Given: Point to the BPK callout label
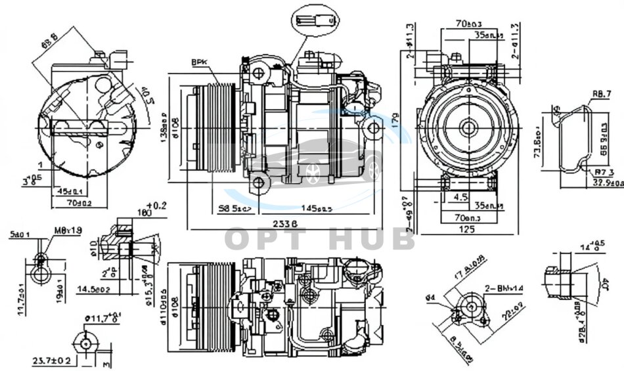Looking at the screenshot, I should coord(199,62).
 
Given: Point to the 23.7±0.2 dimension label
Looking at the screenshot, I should coord(51,360).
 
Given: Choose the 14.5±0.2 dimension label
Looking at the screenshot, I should coord(93,288).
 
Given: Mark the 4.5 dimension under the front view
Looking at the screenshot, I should coord(460,196).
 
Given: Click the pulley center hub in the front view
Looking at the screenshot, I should coord(468,127).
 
